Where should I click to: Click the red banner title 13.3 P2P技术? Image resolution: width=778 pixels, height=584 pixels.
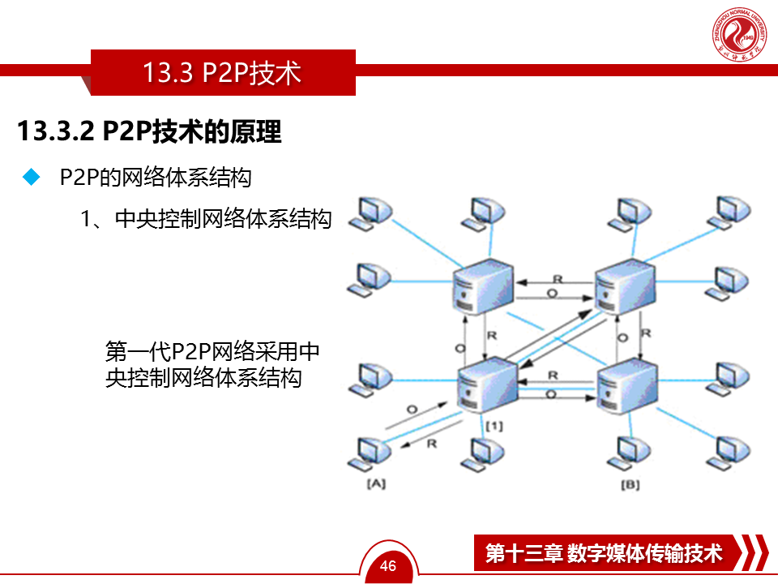[222, 73]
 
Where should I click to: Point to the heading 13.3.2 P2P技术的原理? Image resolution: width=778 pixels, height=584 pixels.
[149, 131]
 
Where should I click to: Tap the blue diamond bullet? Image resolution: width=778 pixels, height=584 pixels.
[32, 178]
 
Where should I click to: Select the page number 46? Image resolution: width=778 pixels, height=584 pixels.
[388, 565]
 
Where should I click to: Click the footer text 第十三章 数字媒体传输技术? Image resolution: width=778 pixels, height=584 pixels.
[604, 553]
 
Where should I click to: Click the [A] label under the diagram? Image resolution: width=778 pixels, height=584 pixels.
[376, 484]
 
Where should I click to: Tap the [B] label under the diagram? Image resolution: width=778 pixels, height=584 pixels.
[630, 484]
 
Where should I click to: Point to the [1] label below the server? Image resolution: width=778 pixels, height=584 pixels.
[494, 425]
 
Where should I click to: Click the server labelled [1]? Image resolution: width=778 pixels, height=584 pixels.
[486, 386]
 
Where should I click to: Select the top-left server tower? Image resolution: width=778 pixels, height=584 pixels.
[483, 285]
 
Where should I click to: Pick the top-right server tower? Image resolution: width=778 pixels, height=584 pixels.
[625, 285]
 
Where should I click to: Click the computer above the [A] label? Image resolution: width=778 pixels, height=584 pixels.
[369, 452]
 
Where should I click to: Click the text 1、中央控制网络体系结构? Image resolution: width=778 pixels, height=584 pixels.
[206, 219]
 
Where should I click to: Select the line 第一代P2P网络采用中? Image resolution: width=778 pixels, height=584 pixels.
[212, 351]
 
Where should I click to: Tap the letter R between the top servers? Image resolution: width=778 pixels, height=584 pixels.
[558, 279]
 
